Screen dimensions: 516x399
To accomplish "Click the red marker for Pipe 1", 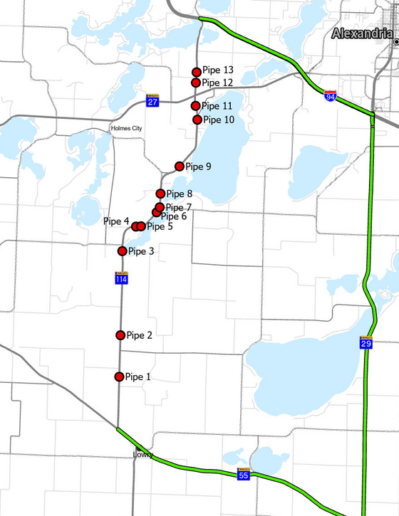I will [x=119, y=377].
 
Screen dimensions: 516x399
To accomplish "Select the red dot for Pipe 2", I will [x=120, y=335].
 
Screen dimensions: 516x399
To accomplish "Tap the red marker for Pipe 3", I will [x=123, y=251].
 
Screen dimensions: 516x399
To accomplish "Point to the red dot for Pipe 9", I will [x=180, y=167].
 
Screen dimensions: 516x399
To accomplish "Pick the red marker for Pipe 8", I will [x=161, y=194].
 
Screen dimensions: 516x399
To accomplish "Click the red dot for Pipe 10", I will [x=198, y=120].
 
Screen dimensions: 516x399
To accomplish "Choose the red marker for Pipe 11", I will [x=196, y=106].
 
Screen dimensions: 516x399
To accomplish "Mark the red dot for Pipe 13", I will [x=197, y=71].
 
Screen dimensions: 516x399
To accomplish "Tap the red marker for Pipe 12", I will [x=196, y=83].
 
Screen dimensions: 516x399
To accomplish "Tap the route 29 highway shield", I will [x=366, y=343].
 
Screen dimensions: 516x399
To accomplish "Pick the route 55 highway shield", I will [x=243, y=473].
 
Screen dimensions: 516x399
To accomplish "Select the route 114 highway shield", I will [x=123, y=278].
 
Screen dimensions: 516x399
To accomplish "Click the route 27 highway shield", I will [x=152, y=101].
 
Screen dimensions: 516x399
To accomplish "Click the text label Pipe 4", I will [x=116, y=221].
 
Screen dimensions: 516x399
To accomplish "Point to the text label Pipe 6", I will [x=174, y=216].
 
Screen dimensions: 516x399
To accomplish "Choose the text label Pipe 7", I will [x=178, y=207].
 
